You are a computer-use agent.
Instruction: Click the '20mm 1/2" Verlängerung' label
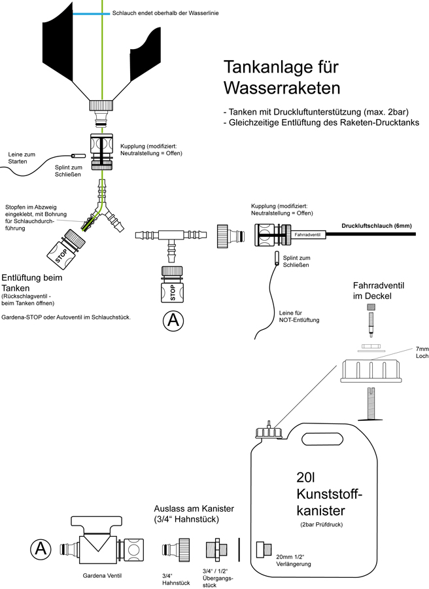[x=293, y=560]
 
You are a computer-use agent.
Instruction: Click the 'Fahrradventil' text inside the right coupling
[x=306, y=233]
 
